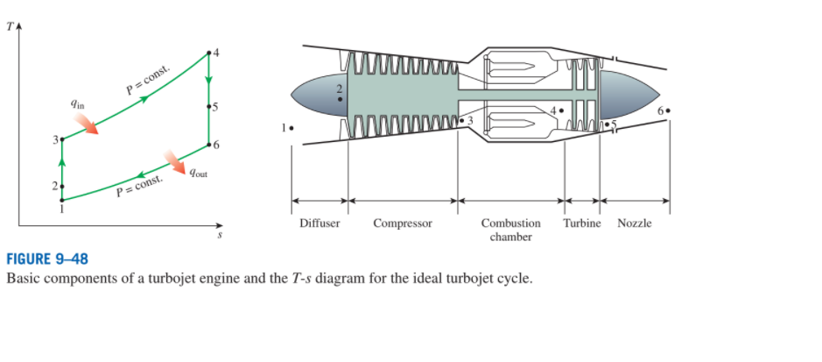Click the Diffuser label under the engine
[x=320, y=224]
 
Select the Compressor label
[x=403, y=224]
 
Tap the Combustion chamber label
[x=511, y=230]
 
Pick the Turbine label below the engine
[x=582, y=224]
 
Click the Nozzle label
[x=635, y=224]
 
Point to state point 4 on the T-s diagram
[x=208, y=54]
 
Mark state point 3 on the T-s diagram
[x=61, y=139]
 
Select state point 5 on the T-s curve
[x=208, y=107]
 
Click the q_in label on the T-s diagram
[x=78, y=104]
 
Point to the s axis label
[x=221, y=234]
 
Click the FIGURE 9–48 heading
[x=47, y=259]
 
